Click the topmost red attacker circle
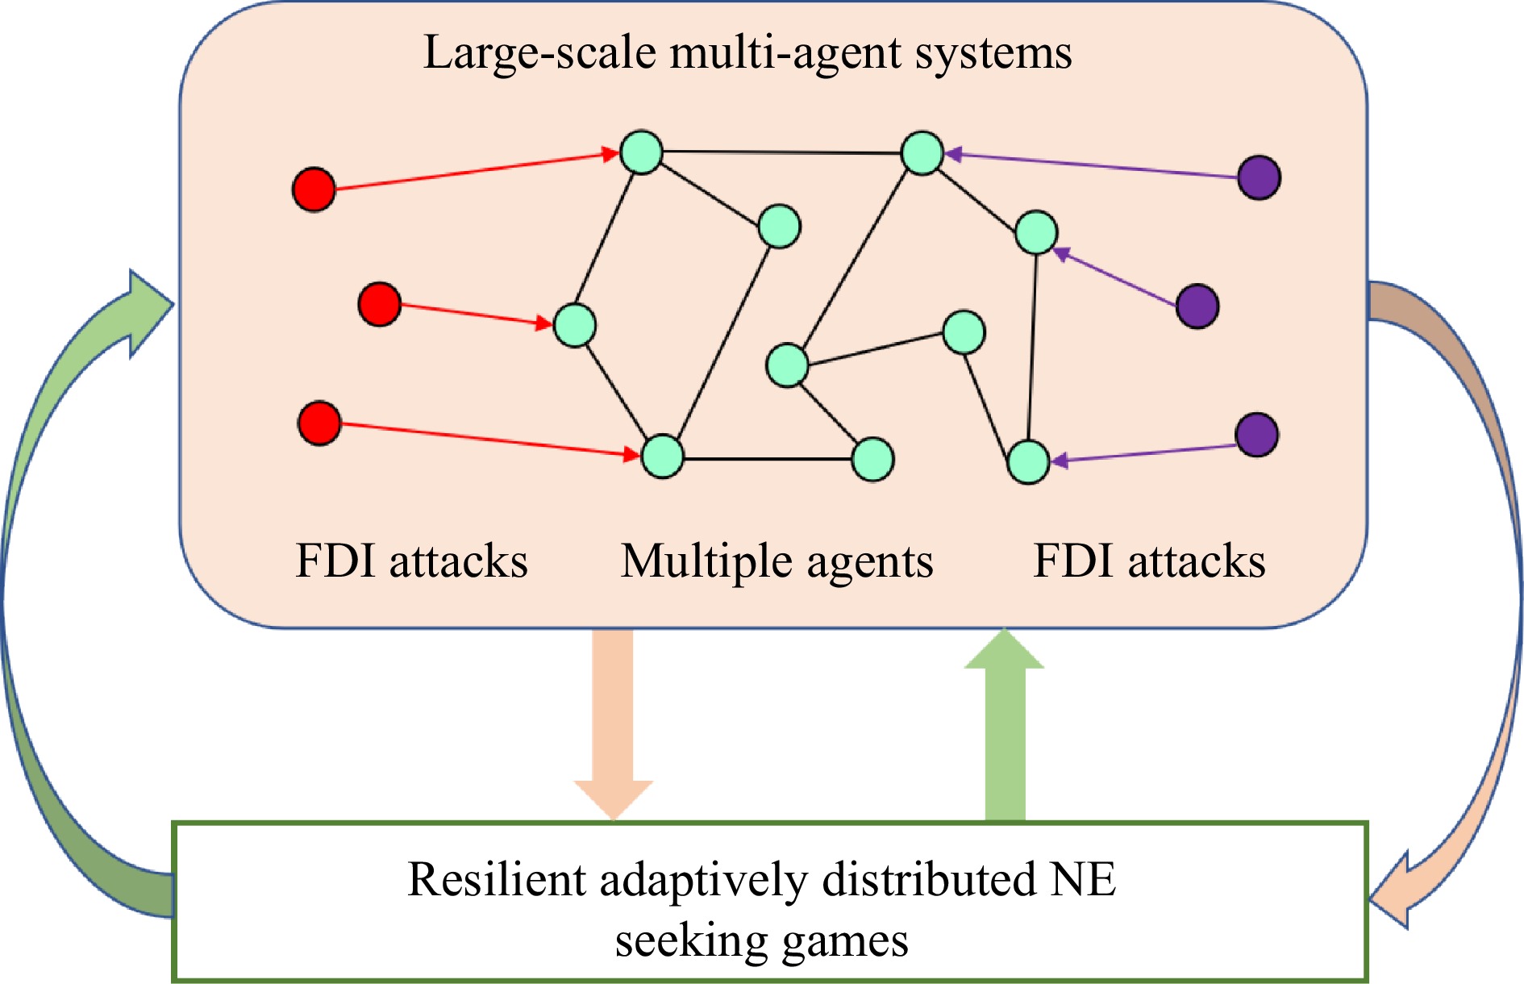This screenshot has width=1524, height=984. click(x=314, y=190)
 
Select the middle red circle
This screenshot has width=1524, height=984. click(x=380, y=304)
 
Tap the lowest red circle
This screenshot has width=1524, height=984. click(x=319, y=423)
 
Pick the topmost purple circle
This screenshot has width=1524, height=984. click(x=1259, y=177)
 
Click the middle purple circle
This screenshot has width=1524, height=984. click(x=1197, y=306)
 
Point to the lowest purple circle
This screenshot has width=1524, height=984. click(x=1257, y=436)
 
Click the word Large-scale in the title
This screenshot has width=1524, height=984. click(x=539, y=53)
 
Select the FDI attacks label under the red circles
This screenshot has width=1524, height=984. click(x=411, y=561)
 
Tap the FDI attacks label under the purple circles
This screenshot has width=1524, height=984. click(x=1149, y=561)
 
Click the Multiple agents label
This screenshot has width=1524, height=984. click(x=777, y=561)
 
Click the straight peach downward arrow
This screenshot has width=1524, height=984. click(x=613, y=726)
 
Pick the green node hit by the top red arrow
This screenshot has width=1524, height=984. click(x=641, y=152)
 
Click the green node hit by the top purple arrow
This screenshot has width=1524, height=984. click(x=922, y=153)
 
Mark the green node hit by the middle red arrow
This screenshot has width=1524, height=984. click(x=575, y=326)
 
